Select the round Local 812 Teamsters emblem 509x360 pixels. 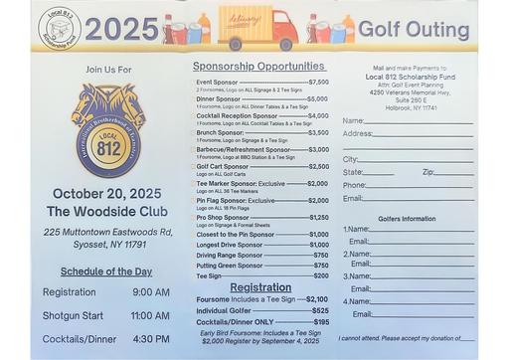pyautogui.click(x=105, y=127)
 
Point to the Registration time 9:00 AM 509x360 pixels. pyautogui.click(x=151, y=291)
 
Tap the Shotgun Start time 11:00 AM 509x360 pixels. pyautogui.click(x=150, y=315)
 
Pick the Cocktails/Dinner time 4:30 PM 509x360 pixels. pyautogui.click(x=151, y=338)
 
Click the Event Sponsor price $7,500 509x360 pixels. pyautogui.click(x=318, y=82)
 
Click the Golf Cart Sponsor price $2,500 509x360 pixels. pyautogui.click(x=318, y=166)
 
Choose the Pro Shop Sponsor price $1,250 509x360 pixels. pyautogui.click(x=318, y=217)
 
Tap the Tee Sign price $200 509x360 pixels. pyautogui.click(x=320, y=275)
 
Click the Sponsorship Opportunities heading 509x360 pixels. pyautogui.click(x=256, y=65)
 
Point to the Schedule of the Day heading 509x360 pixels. pyautogui.click(x=106, y=270)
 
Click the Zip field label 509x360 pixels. pyautogui.click(x=428, y=172)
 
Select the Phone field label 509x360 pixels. pyautogui.click(x=354, y=185)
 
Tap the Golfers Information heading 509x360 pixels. pyautogui.click(x=407, y=218)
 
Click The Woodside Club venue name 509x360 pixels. pyautogui.click(x=106, y=211)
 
